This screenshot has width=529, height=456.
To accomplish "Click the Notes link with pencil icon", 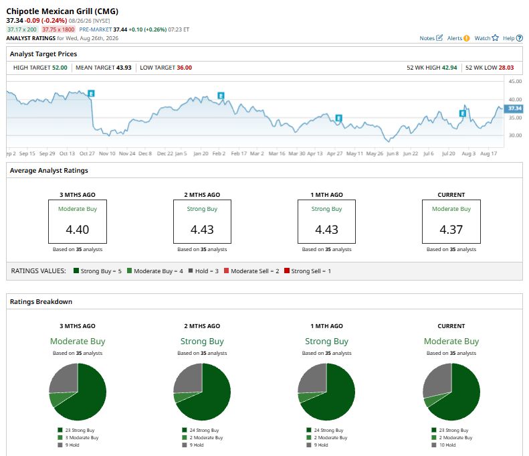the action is pyautogui.click(x=431, y=38).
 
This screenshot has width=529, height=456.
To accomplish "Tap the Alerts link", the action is pyautogui.click(x=458, y=38).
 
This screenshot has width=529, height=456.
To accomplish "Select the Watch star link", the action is pyautogui.click(x=486, y=38).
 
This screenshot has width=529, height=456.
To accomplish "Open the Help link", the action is pyautogui.click(x=512, y=38).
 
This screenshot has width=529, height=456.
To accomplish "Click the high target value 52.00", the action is pyautogui.click(x=60, y=68).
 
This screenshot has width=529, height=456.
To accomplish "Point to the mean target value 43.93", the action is pyautogui.click(x=124, y=68).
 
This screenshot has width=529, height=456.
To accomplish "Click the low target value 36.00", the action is pyautogui.click(x=184, y=68).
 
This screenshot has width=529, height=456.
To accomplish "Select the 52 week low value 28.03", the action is pyautogui.click(x=506, y=68).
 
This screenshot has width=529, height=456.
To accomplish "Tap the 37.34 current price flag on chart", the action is pyautogui.click(x=514, y=108).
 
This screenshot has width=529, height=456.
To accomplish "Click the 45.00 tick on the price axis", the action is pyautogui.click(x=515, y=81).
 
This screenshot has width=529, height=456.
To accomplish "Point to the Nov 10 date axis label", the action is pyautogui.click(x=107, y=153).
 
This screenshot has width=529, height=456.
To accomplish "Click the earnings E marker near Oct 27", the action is pyautogui.click(x=91, y=93).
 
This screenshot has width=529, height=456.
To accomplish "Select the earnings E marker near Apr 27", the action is pyautogui.click(x=338, y=118).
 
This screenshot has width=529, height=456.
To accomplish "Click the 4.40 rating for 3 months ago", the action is pyautogui.click(x=78, y=230).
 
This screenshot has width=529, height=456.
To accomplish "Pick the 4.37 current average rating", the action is pyautogui.click(x=451, y=230).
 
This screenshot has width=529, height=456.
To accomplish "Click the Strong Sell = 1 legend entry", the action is pyautogui.click(x=308, y=271).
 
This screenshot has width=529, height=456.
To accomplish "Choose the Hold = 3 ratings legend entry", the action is pyautogui.click(x=203, y=271).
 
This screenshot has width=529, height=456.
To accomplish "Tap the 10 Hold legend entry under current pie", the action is pyautogui.click(x=443, y=445).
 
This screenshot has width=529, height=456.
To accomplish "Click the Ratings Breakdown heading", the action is pyautogui.click(x=41, y=301).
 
